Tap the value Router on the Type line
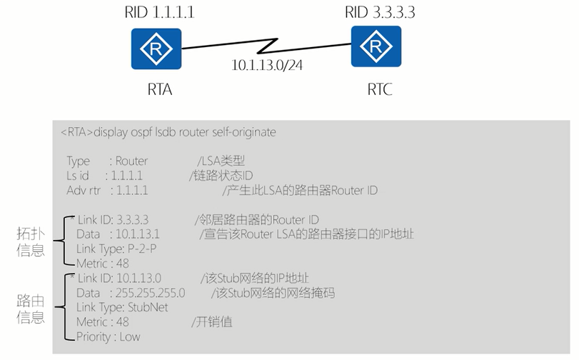tap(131, 161)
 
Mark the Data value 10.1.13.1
tap(137, 234)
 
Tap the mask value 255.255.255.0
tap(151, 293)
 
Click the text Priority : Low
tap(108, 336)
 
